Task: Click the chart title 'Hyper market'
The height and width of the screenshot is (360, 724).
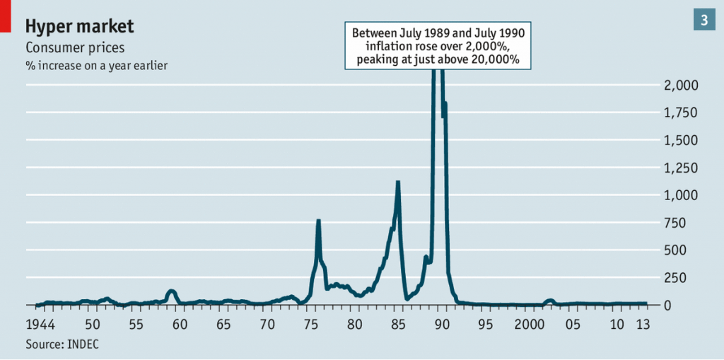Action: [x=79, y=27]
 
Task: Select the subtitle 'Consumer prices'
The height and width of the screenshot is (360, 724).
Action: [x=75, y=48]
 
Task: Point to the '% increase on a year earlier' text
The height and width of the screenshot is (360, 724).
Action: [x=96, y=66]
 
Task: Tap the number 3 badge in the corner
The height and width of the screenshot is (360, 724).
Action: [x=704, y=21]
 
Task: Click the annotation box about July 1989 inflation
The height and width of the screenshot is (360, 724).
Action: [x=438, y=46]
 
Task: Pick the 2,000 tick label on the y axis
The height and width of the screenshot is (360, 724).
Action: [x=682, y=86]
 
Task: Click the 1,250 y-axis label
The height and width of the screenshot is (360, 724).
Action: [x=682, y=168]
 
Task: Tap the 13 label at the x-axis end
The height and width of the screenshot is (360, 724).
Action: [x=643, y=325]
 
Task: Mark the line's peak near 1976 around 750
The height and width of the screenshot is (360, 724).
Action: [x=318, y=221]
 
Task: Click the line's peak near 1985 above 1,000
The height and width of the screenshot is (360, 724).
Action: [x=398, y=182]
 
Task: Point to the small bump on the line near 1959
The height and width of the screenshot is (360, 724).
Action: [x=171, y=291]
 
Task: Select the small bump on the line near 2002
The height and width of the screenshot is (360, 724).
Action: [x=549, y=301]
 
